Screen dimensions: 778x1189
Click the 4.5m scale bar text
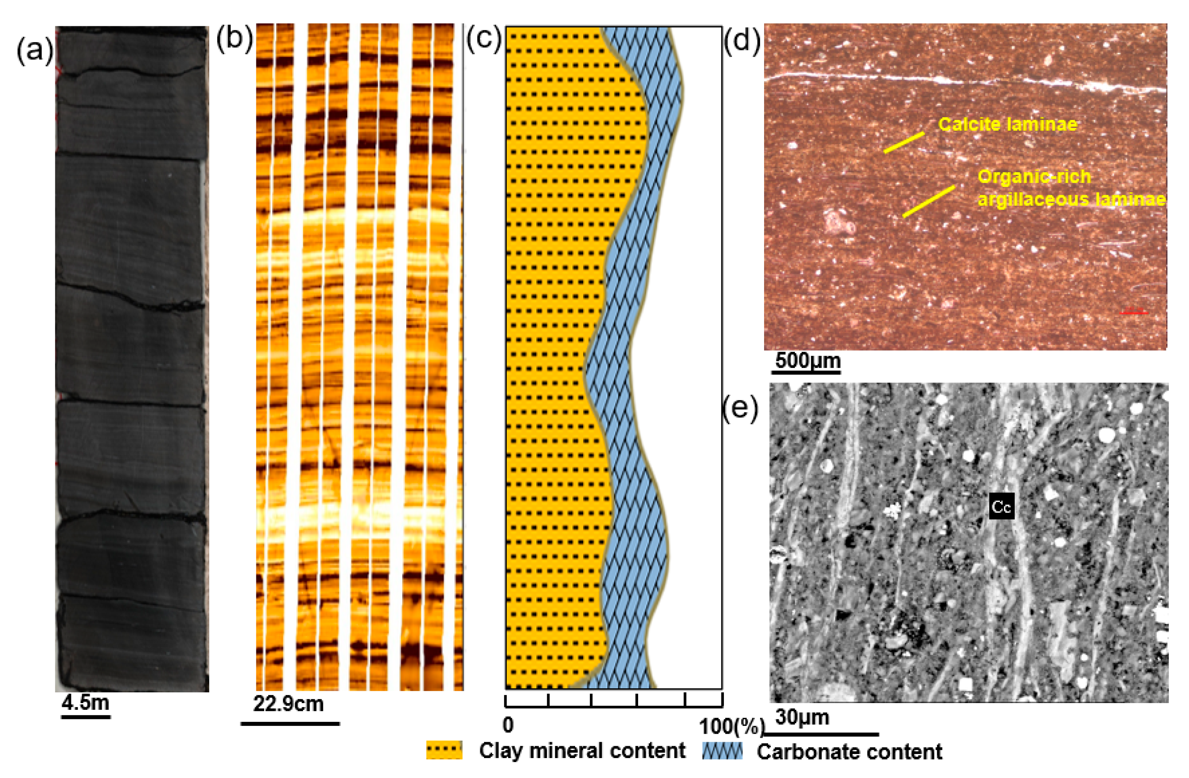click(85, 703)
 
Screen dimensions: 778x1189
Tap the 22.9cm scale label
click(288, 703)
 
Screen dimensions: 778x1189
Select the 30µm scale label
click(802, 717)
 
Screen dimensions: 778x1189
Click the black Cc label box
click(1001, 507)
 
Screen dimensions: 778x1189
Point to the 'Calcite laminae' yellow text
click(1008, 124)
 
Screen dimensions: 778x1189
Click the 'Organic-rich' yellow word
click(1034, 177)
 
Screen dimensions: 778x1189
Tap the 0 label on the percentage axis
click(507, 725)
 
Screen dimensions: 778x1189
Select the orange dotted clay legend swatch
click(444, 750)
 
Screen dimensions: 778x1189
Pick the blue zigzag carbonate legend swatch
click(722, 751)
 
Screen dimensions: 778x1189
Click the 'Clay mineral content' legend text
click(582, 750)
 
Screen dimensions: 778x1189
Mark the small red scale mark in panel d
click(1133, 313)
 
